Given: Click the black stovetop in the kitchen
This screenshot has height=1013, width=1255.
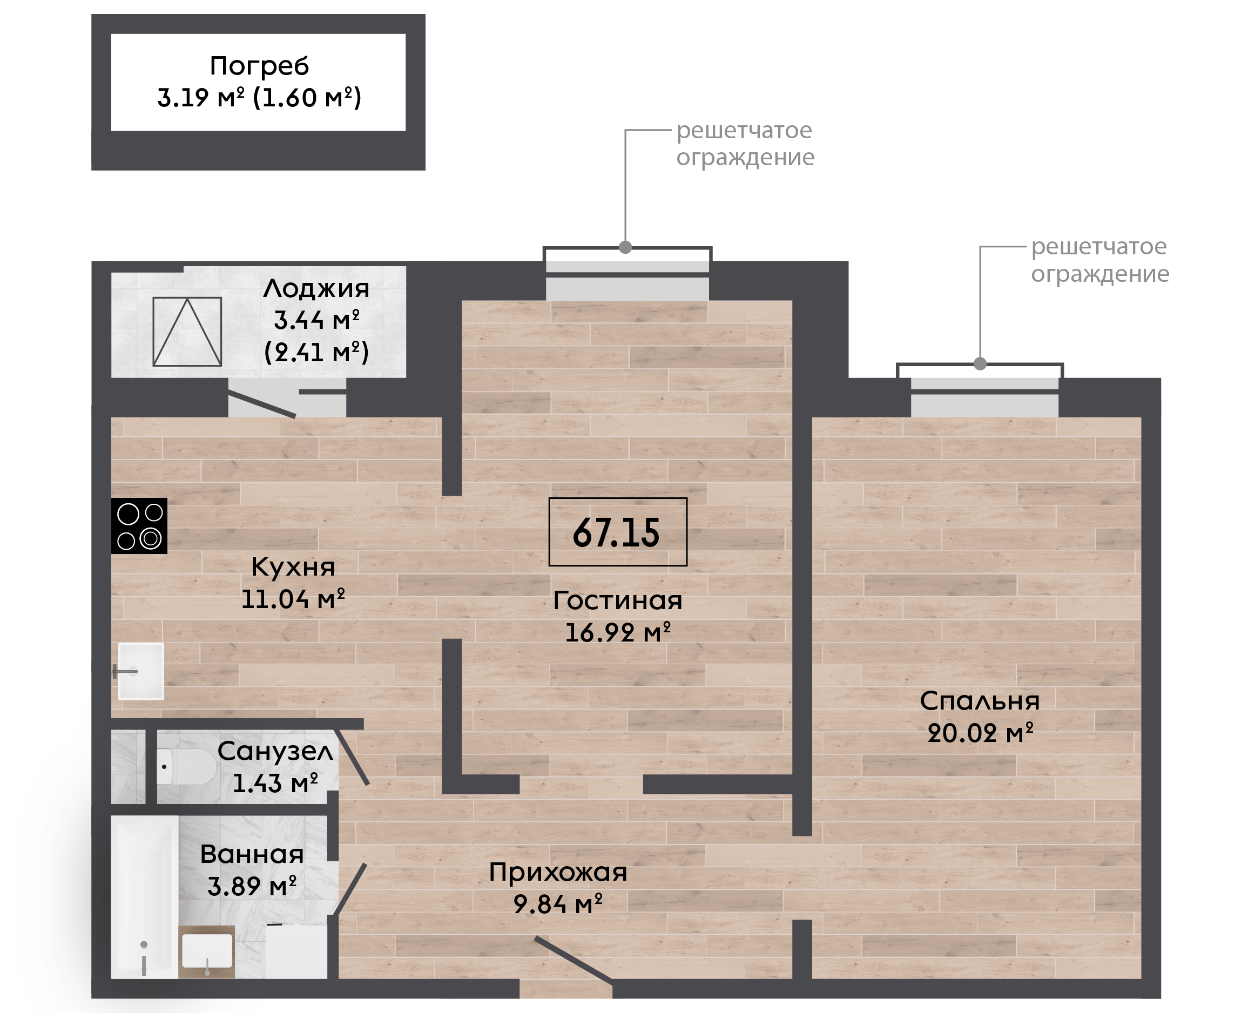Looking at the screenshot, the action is [139, 526].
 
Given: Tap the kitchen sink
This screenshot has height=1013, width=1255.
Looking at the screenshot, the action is [140, 671].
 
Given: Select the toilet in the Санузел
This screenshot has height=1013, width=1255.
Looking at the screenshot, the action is [186, 767].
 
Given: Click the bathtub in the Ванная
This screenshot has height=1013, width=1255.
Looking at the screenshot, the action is [144, 896].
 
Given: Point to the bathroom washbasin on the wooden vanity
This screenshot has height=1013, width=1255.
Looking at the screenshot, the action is [207, 951].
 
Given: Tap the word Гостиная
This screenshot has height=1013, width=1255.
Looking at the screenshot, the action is [617, 600].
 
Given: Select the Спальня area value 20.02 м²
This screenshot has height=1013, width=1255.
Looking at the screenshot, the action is [980, 732].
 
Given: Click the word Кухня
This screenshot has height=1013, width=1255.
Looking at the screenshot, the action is [293, 566].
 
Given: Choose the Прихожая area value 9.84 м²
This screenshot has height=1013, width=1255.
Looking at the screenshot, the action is [557, 904].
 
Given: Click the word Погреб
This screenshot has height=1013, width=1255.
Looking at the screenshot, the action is [259, 66].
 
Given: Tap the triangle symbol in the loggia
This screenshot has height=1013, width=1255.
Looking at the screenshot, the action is [187, 332].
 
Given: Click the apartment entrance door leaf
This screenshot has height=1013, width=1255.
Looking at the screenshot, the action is [573, 961].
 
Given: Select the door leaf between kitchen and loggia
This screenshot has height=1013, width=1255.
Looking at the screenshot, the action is [261, 404].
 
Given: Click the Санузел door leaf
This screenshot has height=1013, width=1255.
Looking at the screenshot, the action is [351, 757].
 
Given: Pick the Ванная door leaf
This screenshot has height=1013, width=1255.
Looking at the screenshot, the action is [349, 889].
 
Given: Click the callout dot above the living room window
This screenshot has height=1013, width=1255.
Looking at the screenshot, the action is [625, 247].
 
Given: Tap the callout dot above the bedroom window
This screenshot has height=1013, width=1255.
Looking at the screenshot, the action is [980, 363].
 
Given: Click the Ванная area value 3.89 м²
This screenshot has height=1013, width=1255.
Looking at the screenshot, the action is [252, 887].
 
